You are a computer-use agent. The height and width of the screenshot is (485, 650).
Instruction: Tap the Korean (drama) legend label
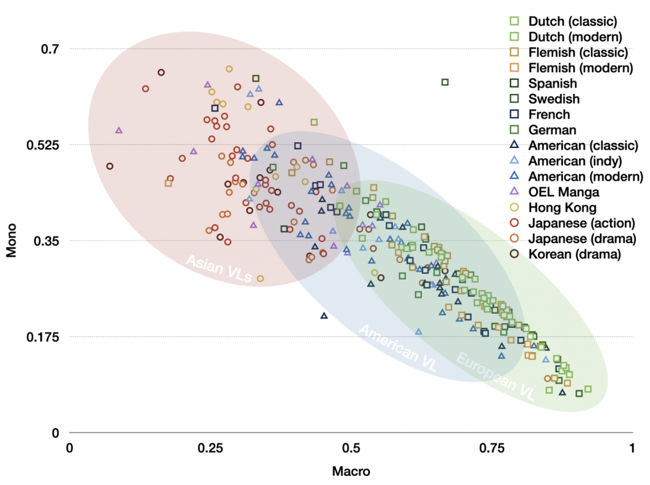pos(574,254)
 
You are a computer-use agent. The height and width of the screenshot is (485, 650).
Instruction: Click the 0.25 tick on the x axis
pos(210,448)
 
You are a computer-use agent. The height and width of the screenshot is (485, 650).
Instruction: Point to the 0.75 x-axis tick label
pos(491,448)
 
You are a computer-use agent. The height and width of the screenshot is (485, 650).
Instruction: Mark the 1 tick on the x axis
pos(631,448)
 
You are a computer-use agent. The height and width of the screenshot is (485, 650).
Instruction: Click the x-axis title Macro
pos(351,472)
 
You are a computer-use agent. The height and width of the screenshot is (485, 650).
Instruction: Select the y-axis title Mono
pos(12,240)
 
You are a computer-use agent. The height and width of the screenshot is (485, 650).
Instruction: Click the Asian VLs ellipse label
pos(219,269)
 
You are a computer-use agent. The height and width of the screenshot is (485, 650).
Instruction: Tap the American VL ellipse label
pos(398,349)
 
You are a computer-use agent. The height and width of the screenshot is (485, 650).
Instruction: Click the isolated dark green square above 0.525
pos(445,82)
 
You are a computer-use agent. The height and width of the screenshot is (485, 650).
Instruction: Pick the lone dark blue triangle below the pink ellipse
pos(324,315)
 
